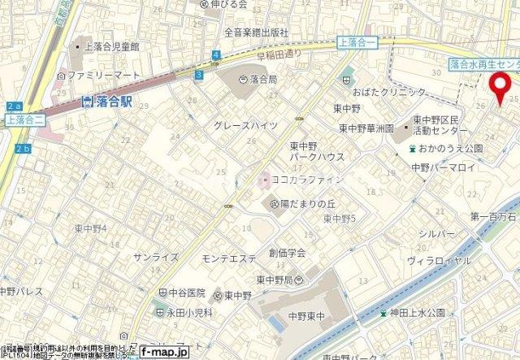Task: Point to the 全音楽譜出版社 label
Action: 257,33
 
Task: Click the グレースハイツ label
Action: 245,126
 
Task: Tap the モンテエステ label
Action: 228,258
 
